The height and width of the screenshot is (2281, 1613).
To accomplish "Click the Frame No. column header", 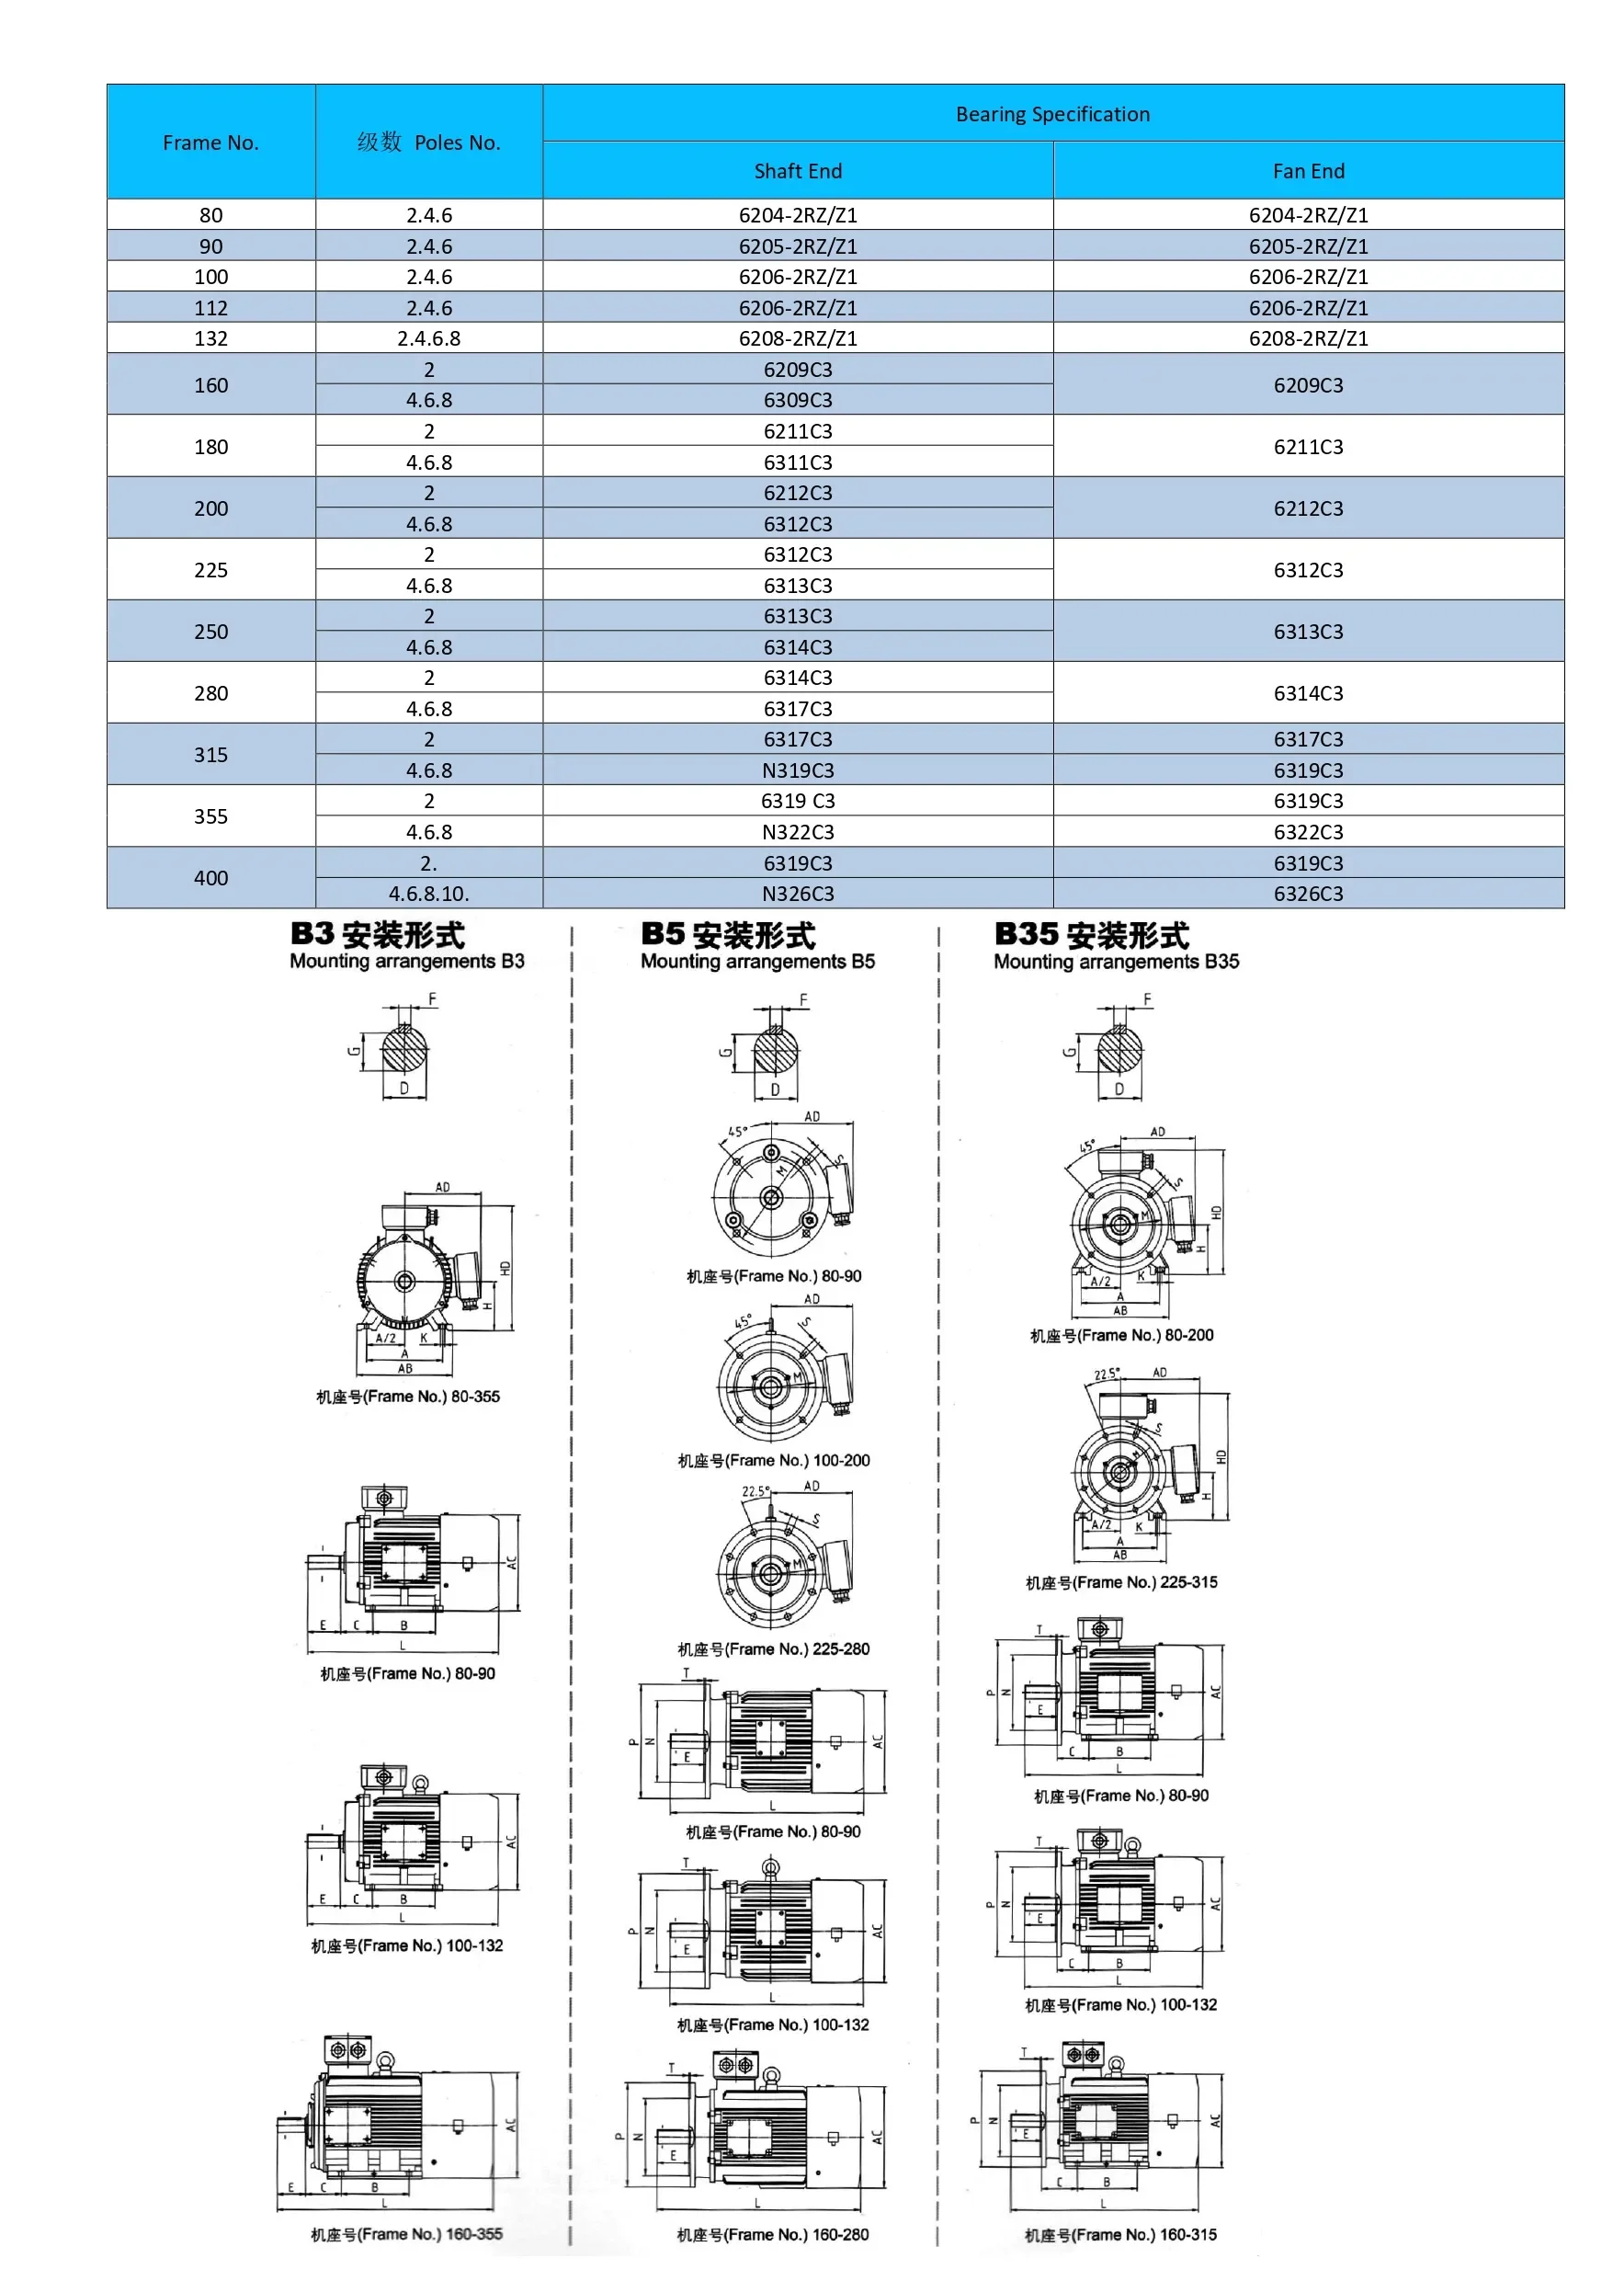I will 210,143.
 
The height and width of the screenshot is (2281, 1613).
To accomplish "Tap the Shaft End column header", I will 798,171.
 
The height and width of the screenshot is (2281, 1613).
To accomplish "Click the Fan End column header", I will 1308,171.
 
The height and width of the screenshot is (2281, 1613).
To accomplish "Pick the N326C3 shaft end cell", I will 798,893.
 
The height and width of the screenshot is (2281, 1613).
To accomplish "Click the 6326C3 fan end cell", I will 1308,893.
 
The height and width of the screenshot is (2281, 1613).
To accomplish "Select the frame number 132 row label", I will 210,337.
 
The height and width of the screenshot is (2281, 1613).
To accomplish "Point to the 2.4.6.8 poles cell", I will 429,337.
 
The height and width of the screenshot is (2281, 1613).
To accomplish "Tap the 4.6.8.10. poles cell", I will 429,893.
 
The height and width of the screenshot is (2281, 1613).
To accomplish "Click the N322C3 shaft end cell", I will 798,831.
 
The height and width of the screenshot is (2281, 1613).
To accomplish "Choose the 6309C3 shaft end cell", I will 798,399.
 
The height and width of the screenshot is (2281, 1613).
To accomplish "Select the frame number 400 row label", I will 210,877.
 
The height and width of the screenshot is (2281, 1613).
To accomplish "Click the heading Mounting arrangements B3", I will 406,961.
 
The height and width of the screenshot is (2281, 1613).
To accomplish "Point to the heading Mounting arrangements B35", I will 1116,961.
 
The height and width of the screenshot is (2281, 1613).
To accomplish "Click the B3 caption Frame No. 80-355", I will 407,1396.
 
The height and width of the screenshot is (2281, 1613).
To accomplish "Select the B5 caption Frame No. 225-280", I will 773,1649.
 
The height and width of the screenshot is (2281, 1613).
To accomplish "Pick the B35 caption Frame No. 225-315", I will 1120,1582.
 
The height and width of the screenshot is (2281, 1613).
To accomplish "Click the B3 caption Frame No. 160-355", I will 406,2234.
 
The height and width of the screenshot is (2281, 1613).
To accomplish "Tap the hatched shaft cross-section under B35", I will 1120,1050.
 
